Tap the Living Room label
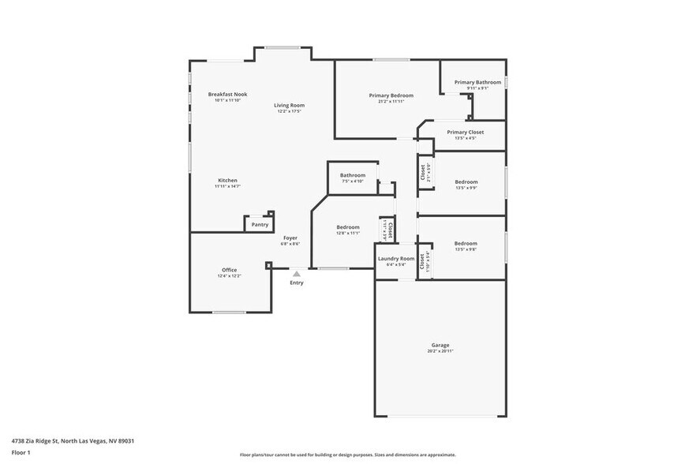point(290,105)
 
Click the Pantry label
point(260,225)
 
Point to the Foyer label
point(290,238)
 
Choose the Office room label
point(229,270)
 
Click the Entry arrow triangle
point(297,274)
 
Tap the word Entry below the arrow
point(297,283)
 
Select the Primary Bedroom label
point(391,95)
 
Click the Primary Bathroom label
point(477,82)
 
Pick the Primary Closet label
point(466,132)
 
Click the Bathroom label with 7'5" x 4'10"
point(353,175)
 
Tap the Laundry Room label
point(395,258)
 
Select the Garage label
point(440,345)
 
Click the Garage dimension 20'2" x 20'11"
point(440,351)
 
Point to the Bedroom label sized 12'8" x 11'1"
point(348,226)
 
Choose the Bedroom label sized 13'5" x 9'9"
point(466,181)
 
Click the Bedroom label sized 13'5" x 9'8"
point(466,243)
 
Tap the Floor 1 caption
point(21,452)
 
